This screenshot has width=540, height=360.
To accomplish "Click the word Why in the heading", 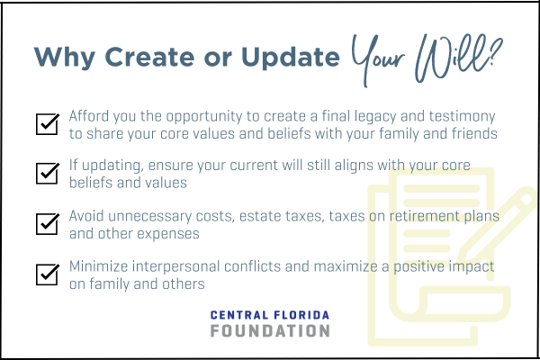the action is [65, 58].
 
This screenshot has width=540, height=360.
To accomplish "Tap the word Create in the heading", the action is [149, 57].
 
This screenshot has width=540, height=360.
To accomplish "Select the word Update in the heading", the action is [291, 58].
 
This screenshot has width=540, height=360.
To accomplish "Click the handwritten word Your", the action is [378, 58].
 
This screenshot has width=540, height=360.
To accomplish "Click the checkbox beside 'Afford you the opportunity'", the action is [48, 123].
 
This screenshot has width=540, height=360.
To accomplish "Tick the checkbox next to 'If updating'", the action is [48, 173].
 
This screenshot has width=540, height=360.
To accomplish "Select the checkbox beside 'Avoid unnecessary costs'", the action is [48, 224].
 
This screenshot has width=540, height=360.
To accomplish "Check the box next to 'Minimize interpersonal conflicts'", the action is [48, 274].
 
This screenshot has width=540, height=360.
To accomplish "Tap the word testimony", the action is [463, 117].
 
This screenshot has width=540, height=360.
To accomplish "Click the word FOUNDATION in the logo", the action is [270, 331].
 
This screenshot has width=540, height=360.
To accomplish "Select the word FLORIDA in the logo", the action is [301, 315].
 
